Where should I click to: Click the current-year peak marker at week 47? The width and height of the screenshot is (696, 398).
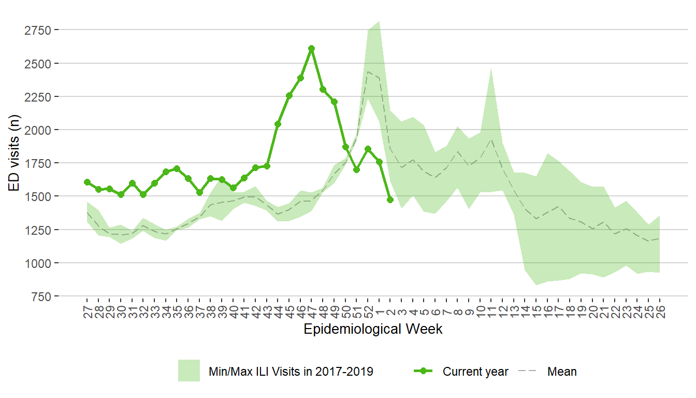point(311,48)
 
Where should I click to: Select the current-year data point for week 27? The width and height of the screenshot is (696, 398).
point(87,182)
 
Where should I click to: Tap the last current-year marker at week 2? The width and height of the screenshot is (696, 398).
point(390,200)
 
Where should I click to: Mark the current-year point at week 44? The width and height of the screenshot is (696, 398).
point(278,124)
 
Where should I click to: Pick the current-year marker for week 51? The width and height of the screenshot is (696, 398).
point(356,169)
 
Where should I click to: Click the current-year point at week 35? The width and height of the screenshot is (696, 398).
point(177,168)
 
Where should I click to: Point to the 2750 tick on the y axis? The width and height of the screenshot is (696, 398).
point(40,30)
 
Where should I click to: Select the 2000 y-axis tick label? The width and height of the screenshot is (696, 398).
point(40,130)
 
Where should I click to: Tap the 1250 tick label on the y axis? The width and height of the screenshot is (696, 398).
point(40,230)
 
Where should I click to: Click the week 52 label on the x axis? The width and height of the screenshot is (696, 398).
point(368,311)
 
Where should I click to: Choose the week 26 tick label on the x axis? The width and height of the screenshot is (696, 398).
point(660,311)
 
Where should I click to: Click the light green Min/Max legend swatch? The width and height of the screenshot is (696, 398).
point(189,371)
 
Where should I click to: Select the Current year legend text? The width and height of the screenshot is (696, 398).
point(475,372)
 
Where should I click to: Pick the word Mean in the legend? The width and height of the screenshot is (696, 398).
point(562,372)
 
